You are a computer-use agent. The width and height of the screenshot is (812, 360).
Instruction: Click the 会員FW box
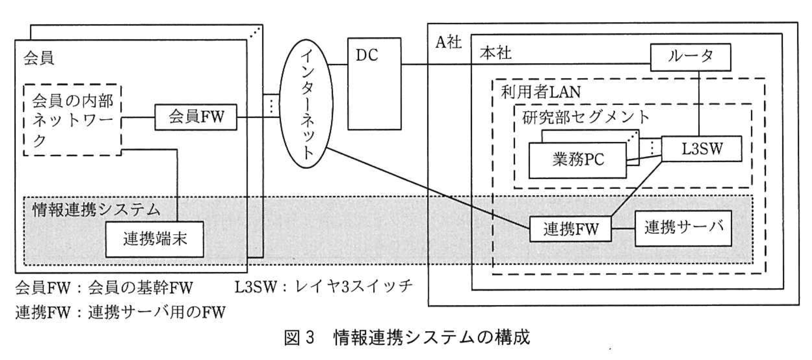pos(195,117)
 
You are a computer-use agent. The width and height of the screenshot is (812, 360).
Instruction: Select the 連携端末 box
pos(154,239)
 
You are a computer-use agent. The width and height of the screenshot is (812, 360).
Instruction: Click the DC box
pos(374,84)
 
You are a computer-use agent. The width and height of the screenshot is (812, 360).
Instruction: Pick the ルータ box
pos(690,57)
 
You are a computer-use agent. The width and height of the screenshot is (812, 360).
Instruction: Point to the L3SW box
pos(701,149)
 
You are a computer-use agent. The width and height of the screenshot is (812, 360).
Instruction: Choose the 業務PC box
pos(577,160)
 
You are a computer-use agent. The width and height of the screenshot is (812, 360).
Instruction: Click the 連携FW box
pos(570,229)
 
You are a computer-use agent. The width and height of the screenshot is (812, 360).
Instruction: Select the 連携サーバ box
pos(683,228)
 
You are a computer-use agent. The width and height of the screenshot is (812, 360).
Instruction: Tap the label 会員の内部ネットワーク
pos(72,120)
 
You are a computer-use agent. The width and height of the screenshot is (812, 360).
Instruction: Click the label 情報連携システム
pos(96,209)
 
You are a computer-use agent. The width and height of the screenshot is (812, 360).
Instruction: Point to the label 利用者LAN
pos(541,92)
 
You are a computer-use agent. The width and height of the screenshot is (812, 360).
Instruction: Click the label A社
pos(448,42)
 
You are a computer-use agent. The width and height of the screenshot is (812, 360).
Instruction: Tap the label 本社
pos(495,53)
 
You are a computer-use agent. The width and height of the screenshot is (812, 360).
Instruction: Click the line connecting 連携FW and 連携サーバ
pos(623,229)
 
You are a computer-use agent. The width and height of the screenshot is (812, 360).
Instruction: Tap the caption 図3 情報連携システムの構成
pos(406,338)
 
